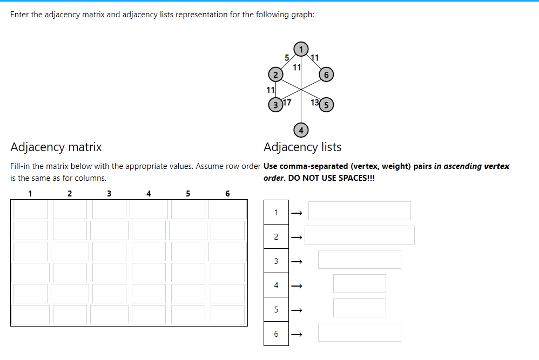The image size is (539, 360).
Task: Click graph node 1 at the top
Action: coord(301,47)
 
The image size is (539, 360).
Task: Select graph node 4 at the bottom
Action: coord(301,130)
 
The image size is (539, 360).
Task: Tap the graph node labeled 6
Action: coord(326,74)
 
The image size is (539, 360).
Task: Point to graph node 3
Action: coord(275,105)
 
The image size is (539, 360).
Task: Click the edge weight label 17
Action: coord(287,102)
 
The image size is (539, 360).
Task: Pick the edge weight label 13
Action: coord(315,103)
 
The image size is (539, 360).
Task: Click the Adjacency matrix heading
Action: coord(56,147)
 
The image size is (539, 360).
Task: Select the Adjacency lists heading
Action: coord(302,147)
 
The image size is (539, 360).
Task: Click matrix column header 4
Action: coord(149,193)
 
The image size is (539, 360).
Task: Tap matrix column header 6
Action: coord(227,193)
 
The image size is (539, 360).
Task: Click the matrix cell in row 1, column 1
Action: coord(31,209)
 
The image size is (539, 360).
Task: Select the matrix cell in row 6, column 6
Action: coord(227,315)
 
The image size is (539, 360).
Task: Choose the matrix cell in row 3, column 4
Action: coord(149,252)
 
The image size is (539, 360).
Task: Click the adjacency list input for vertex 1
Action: coord(359,211)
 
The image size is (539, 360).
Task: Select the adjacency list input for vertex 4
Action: coord(359,284)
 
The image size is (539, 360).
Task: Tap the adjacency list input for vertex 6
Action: coord(359,332)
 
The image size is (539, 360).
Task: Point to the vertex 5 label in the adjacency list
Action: coord(276,310)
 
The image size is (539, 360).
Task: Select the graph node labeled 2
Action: coord(275,73)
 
